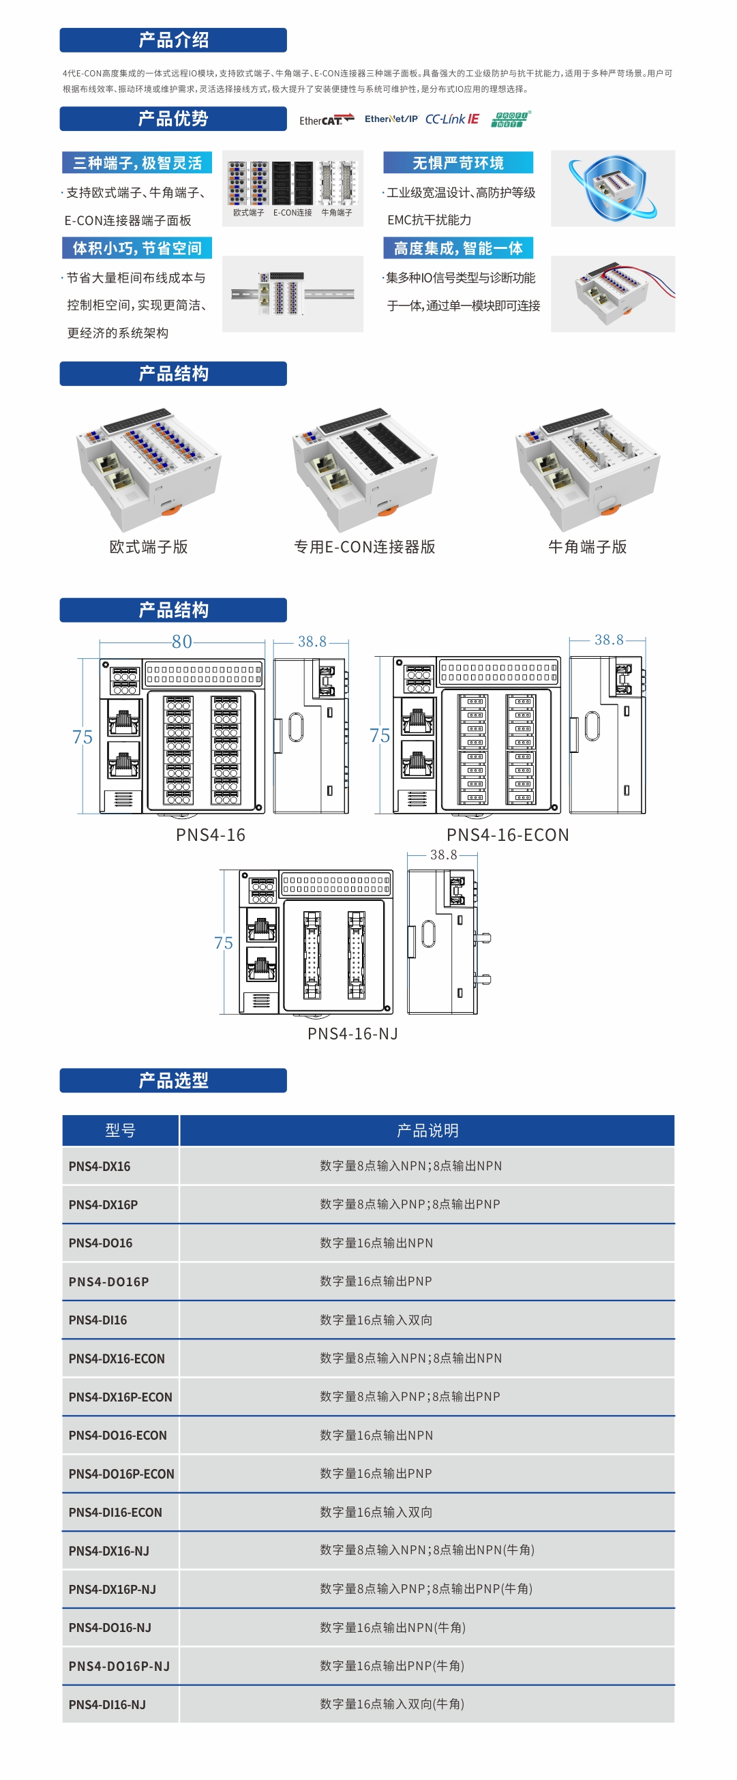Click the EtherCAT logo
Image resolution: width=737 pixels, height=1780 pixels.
tap(326, 119)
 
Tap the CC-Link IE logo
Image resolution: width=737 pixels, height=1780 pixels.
tap(452, 119)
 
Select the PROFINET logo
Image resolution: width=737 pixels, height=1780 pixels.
tap(511, 119)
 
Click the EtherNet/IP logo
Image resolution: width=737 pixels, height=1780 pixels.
tap(391, 119)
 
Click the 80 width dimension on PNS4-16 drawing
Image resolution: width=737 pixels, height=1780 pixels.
tap(181, 641)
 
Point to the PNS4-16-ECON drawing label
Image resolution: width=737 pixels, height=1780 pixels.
tap(508, 835)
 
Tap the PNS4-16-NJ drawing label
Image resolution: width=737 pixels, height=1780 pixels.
tap(352, 1033)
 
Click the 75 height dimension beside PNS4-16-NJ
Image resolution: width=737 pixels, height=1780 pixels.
tap(223, 943)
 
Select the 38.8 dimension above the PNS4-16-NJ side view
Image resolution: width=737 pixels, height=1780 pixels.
tap(443, 855)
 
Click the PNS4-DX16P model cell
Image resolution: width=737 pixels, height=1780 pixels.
tap(103, 1204)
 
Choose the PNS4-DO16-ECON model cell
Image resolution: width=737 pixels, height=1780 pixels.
tap(117, 1435)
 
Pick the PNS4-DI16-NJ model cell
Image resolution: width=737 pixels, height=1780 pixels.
tap(107, 1704)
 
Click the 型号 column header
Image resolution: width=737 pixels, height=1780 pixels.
tap(120, 1131)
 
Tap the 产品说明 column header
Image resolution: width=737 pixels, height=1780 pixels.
tap(427, 1131)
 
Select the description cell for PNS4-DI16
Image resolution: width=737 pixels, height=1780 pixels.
tap(376, 1320)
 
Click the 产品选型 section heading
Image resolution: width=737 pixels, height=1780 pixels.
tap(172, 1080)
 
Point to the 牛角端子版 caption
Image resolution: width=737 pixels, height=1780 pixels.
tap(587, 546)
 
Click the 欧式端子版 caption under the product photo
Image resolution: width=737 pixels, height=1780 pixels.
tap(149, 546)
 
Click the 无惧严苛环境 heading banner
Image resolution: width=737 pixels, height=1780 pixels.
tap(458, 163)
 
